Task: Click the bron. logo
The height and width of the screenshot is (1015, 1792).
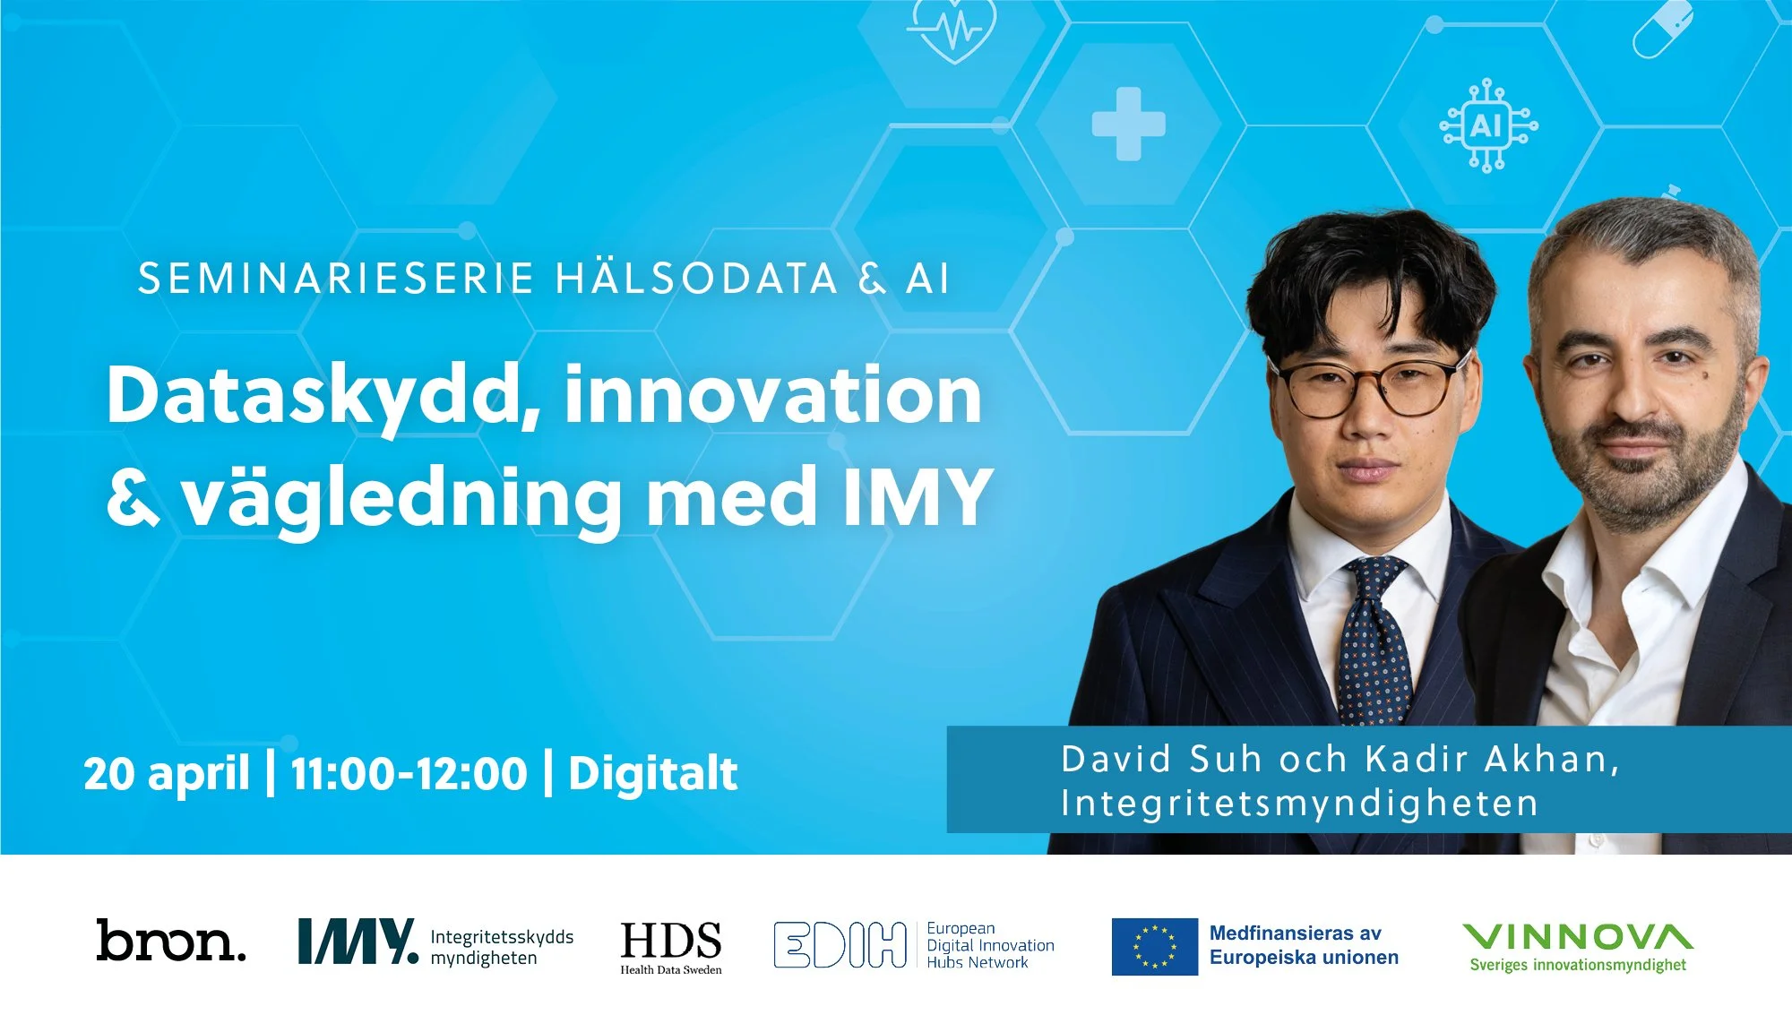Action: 170,941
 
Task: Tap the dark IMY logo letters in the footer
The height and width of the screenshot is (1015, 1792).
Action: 357,942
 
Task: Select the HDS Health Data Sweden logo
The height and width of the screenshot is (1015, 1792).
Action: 671,946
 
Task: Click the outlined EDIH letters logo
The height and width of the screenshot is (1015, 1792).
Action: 840,945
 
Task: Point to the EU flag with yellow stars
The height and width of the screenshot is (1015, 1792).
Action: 1154,946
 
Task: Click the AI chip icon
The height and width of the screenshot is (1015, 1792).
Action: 1487,125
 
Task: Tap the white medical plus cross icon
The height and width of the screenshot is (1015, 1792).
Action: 1128,124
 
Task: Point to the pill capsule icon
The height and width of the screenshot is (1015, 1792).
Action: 1662,29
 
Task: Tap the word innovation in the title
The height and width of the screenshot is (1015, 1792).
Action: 773,396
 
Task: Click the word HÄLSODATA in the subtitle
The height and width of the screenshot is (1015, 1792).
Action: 696,279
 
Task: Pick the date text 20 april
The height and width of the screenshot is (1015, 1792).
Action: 167,773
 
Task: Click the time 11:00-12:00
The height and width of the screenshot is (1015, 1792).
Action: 409,773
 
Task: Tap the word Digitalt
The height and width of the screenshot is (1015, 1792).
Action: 652,773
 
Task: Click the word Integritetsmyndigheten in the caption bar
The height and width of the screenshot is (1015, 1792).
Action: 1299,804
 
